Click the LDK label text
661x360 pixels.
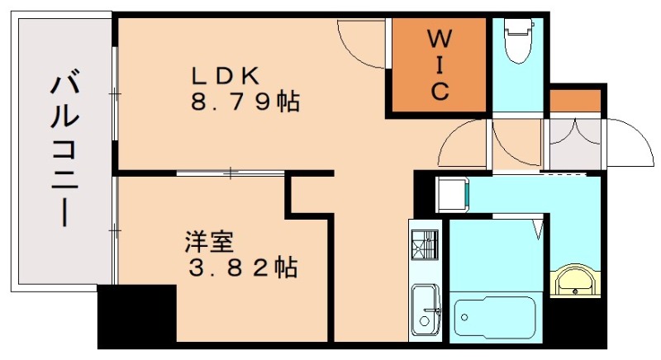click(227, 75)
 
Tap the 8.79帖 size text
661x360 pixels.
click(245, 103)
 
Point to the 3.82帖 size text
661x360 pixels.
click(240, 268)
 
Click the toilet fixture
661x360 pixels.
click(518, 41)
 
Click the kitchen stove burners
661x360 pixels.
click(425, 244)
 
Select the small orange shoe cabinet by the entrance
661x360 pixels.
click(575, 99)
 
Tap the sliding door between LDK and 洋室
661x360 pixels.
click(231, 173)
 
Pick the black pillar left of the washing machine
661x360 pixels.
click(423, 195)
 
